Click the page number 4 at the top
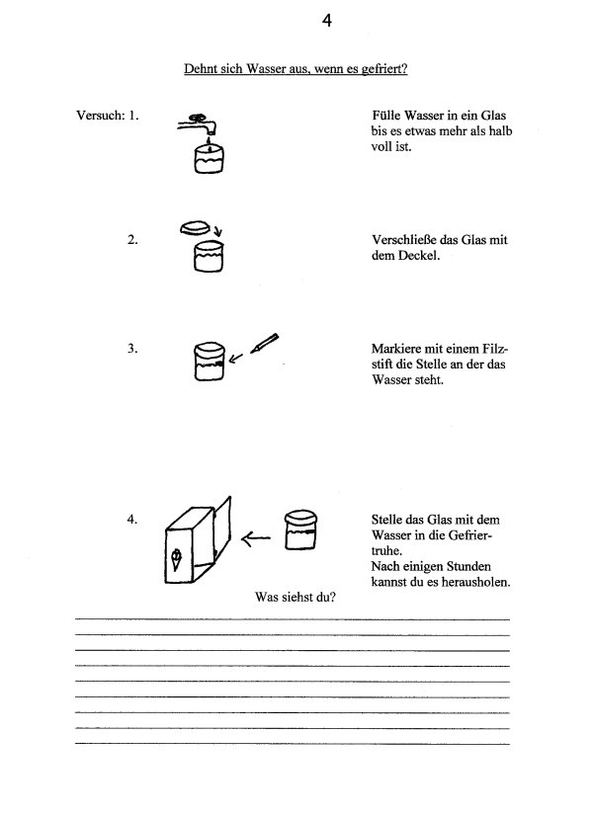326,21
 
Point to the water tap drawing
197,121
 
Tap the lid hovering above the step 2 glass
197,227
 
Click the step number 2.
131,240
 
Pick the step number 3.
131,349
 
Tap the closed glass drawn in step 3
209,364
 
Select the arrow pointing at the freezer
257,538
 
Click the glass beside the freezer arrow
298,530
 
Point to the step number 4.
131,518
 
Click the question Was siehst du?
290,598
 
